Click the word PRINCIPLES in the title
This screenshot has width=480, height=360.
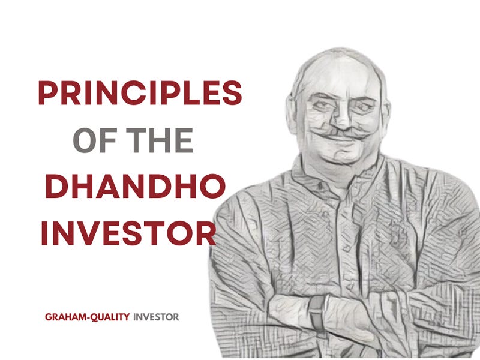tap(139, 94)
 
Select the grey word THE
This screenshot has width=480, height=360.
tap(156, 140)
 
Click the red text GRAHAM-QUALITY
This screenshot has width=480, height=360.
tap(87, 317)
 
